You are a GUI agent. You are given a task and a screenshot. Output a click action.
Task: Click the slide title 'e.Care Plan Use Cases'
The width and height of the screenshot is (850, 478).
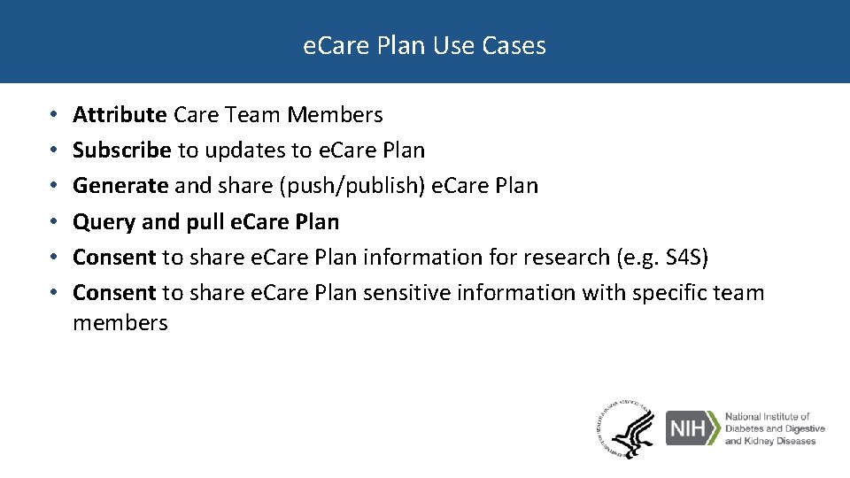pos(424,45)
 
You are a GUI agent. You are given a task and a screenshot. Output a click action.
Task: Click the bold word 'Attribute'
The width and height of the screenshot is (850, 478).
pos(120,115)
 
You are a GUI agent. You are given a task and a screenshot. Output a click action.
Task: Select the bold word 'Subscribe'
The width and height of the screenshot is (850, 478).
pos(121,150)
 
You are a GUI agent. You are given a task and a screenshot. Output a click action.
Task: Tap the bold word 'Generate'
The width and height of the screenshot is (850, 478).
pos(120,186)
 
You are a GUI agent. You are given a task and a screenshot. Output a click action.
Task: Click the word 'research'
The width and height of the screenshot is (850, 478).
pos(564,258)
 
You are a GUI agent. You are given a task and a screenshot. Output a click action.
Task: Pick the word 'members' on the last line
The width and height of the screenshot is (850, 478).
pos(120,323)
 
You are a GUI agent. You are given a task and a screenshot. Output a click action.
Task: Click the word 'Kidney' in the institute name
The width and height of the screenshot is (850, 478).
pos(761,441)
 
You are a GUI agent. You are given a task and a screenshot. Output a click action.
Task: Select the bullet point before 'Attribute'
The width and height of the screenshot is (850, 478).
pos(54,115)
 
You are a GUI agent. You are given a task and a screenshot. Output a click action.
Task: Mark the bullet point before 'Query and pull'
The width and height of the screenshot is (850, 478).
pos(54,222)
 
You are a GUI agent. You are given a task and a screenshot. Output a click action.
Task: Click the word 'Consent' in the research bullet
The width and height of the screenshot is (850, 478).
pos(114,258)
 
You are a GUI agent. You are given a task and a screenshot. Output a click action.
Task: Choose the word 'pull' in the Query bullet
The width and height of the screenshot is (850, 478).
pos(205,222)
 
